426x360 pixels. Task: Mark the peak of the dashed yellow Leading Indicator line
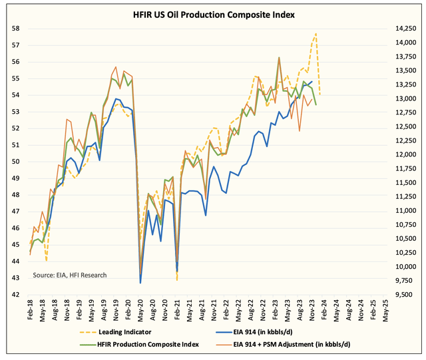click(x=316, y=33)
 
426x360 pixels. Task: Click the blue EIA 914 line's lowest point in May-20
click(x=140, y=283)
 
